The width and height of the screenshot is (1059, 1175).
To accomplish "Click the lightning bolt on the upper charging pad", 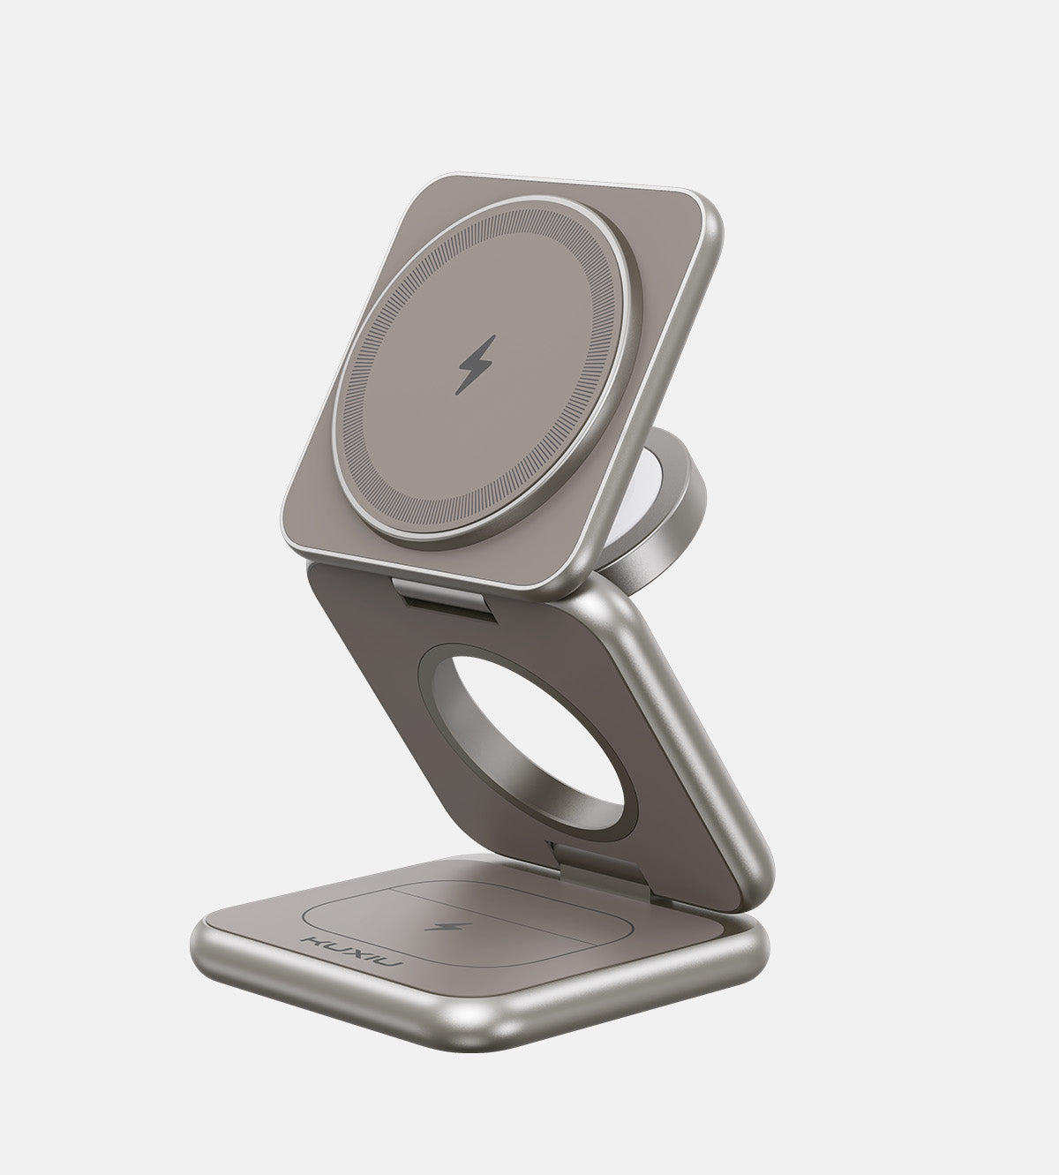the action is coord(477,364).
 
